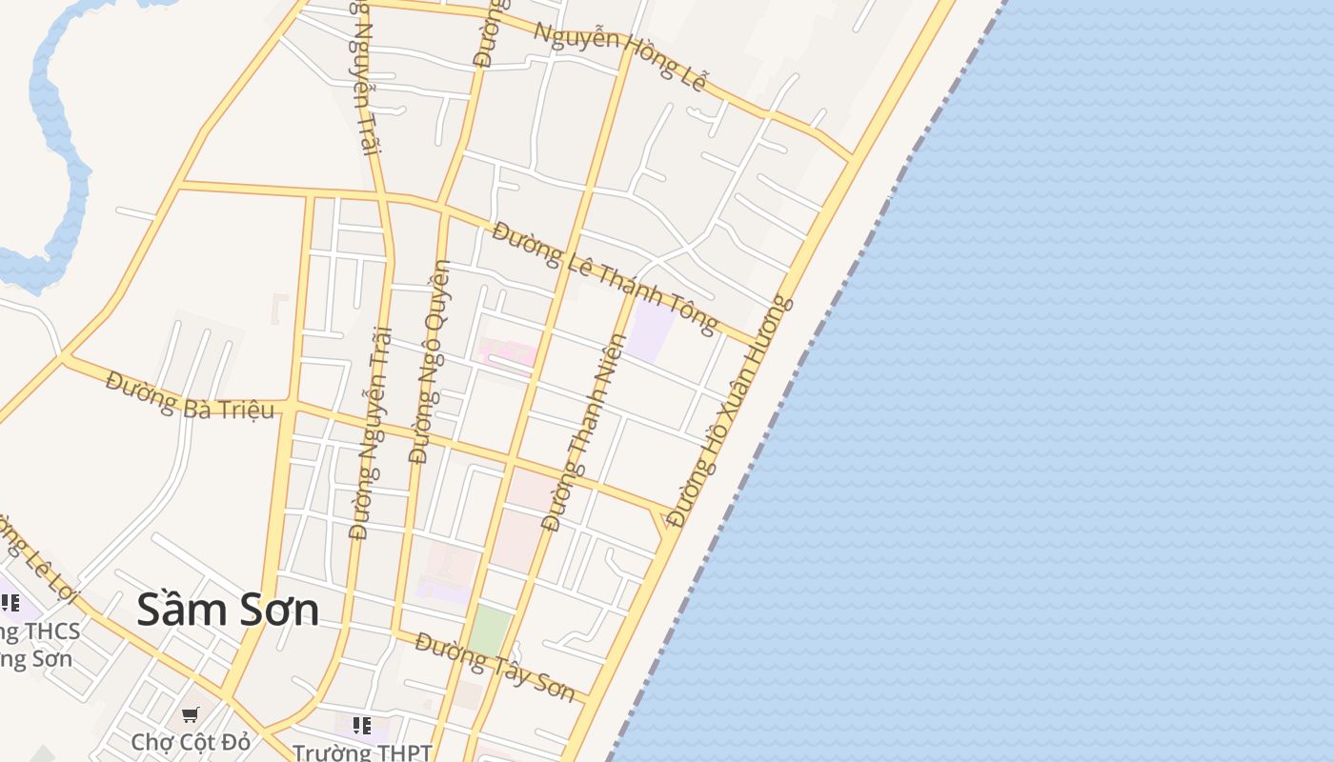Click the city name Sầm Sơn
coord(228,610)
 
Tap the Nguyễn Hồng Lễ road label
coord(619,56)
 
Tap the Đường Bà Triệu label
coord(190,396)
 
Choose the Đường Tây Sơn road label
coord(495,667)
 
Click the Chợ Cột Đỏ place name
coord(190,742)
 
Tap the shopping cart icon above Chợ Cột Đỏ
coord(191,713)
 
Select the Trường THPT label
coord(362,752)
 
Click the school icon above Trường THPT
coord(362,727)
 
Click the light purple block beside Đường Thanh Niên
coord(651,330)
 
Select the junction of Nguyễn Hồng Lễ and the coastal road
coord(851,158)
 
